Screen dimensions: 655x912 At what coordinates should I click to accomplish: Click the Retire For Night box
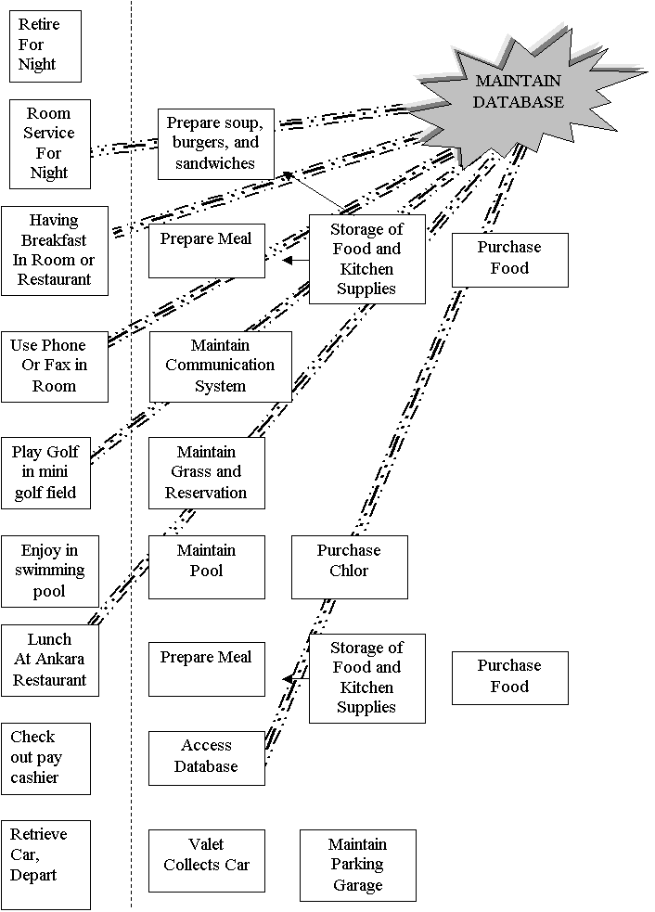pos(45,46)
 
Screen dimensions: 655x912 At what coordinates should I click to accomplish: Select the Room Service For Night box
pos(50,144)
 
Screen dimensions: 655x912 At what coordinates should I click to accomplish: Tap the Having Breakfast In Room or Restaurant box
pos(55,250)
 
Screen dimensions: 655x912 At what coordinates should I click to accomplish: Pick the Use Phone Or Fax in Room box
pos(55,367)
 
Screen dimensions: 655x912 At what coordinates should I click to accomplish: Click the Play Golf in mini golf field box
pos(46,473)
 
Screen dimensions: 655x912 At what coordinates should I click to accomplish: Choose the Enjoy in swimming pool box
pos(50,572)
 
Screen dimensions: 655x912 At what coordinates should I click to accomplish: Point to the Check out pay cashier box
pos(46,759)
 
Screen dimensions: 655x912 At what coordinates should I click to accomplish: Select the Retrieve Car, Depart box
pos(46,865)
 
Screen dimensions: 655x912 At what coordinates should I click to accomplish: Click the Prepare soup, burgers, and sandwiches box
pos(216,144)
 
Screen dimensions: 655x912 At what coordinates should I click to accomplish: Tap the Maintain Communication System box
pos(221,366)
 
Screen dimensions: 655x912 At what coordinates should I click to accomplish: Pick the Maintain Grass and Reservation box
pos(207,473)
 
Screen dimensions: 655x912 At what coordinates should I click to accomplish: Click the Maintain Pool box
pos(207,567)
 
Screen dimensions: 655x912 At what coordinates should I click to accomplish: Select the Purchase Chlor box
pos(350,567)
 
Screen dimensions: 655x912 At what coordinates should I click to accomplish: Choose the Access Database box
pos(207,758)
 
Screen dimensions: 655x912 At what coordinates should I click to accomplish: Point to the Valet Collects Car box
pos(207,861)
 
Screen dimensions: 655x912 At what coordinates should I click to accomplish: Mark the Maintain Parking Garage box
pos(358,866)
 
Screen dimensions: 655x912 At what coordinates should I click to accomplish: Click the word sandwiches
pos(215,163)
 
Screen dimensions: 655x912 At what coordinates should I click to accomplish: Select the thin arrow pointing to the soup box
pos(315,191)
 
